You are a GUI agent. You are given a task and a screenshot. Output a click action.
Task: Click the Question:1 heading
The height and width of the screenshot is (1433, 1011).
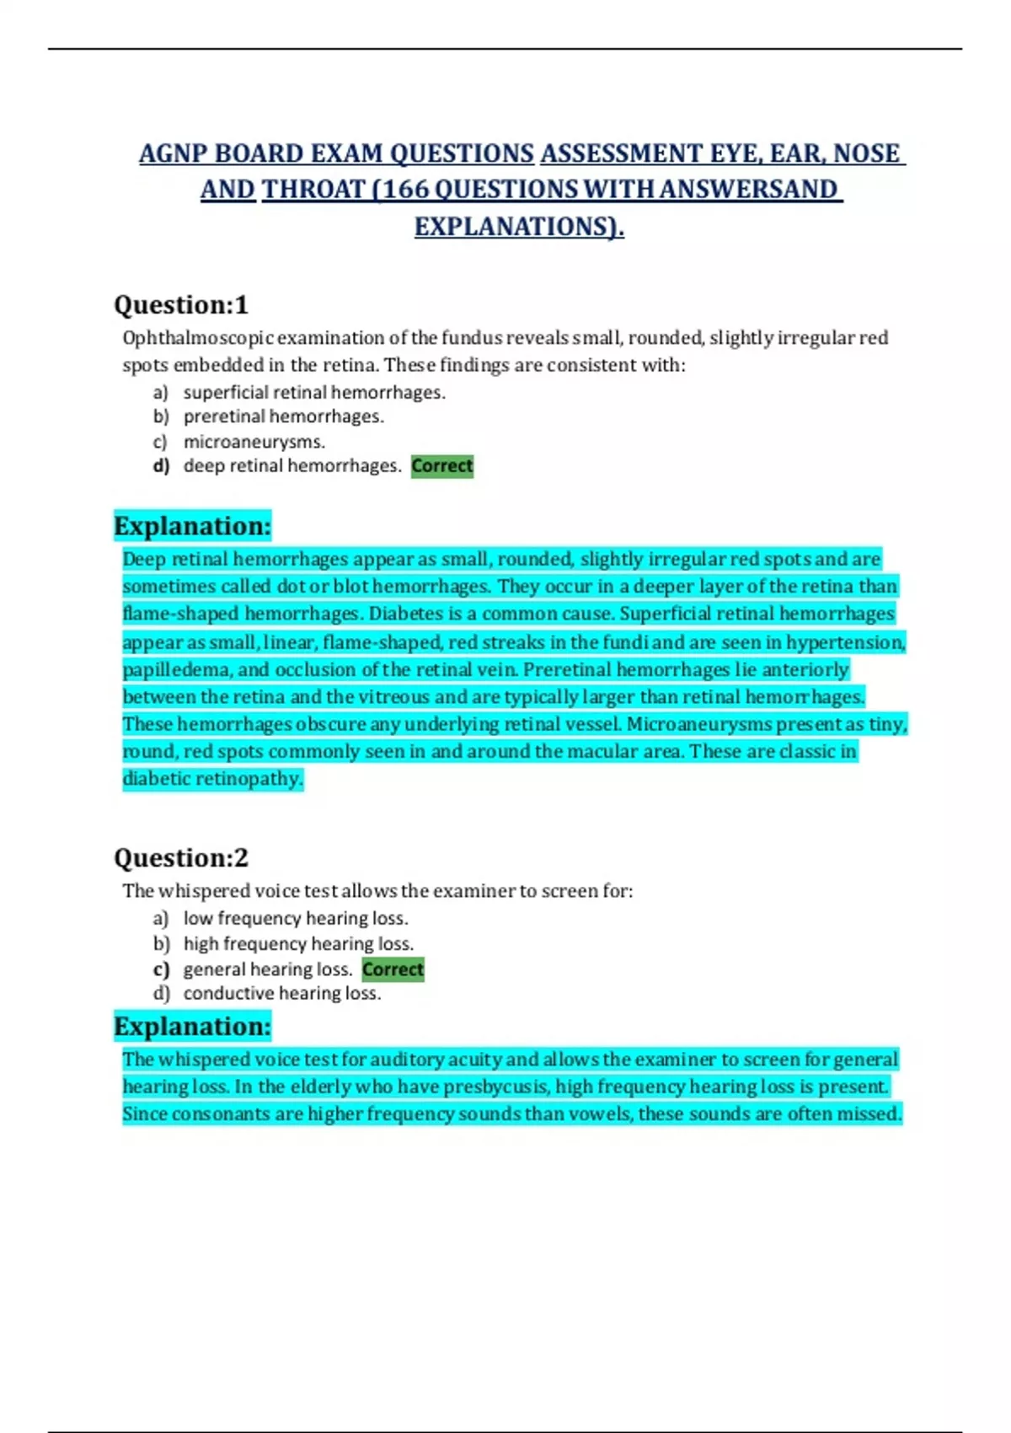(x=180, y=305)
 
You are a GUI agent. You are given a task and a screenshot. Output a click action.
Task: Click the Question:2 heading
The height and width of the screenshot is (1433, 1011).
(x=180, y=858)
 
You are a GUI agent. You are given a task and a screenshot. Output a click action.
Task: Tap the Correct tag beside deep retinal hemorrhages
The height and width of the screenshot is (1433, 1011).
(x=442, y=466)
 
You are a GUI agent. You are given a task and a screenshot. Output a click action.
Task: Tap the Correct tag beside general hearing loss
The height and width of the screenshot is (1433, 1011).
(x=393, y=969)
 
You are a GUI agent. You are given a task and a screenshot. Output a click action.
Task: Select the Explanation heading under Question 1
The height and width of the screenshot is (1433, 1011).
(x=192, y=526)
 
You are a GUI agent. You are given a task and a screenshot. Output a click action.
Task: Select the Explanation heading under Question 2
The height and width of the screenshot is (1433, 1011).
(x=192, y=1027)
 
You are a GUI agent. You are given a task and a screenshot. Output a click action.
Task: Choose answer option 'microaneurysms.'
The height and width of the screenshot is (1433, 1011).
(x=254, y=442)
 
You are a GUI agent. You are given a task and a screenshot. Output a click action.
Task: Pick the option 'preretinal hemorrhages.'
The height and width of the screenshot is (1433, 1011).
(x=283, y=416)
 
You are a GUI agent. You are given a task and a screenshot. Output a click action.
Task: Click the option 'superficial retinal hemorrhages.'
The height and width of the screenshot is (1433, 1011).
(x=314, y=393)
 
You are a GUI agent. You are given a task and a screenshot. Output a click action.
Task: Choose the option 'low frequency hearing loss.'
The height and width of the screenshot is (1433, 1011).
(x=295, y=919)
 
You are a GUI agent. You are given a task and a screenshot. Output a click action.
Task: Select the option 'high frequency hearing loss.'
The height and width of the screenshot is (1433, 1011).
(x=298, y=944)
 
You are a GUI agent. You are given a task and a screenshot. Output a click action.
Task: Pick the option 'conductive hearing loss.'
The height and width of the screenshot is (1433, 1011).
(x=281, y=994)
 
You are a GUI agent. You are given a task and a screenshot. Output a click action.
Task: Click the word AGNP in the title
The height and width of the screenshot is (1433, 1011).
(x=173, y=154)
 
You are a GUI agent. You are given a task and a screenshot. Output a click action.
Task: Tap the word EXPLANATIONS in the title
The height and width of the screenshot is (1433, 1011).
(x=511, y=227)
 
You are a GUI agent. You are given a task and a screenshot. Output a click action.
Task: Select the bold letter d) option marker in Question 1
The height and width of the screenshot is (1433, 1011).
(x=161, y=466)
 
